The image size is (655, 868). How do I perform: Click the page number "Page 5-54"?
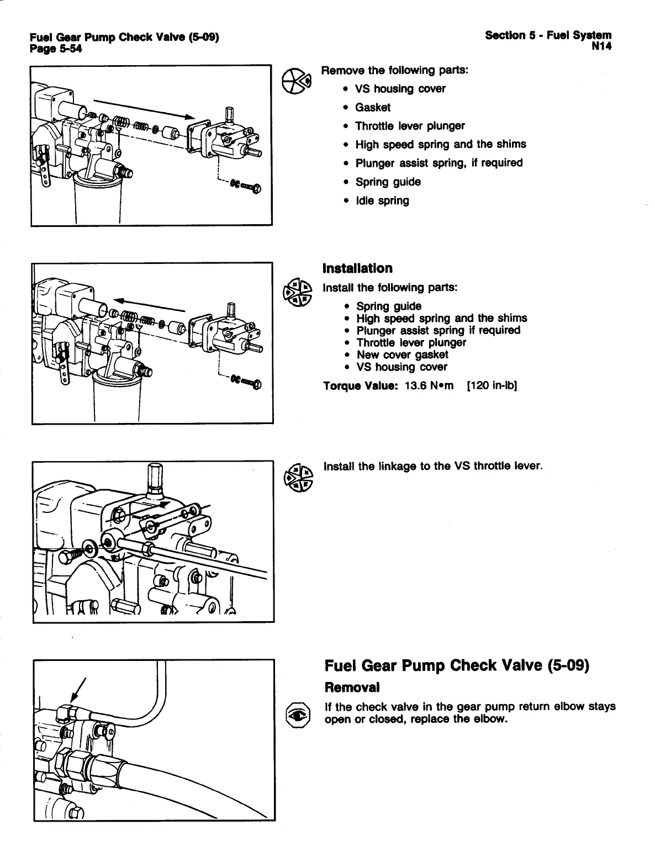pyautogui.click(x=56, y=48)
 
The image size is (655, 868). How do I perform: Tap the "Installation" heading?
pyautogui.click(x=357, y=268)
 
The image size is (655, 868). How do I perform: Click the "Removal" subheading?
pyautogui.click(x=352, y=687)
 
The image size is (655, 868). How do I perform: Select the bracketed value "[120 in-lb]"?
pyautogui.click(x=492, y=385)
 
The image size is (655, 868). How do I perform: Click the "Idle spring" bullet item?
pyautogui.click(x=382, y=200)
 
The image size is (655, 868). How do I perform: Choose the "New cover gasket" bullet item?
pyautogui.click(x=402, y=354)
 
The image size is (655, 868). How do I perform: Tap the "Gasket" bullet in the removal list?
pyautogui.click(x=373, y=107)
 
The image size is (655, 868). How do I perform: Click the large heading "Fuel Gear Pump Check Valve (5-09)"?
pyautogui.click(x=457, y=665)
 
